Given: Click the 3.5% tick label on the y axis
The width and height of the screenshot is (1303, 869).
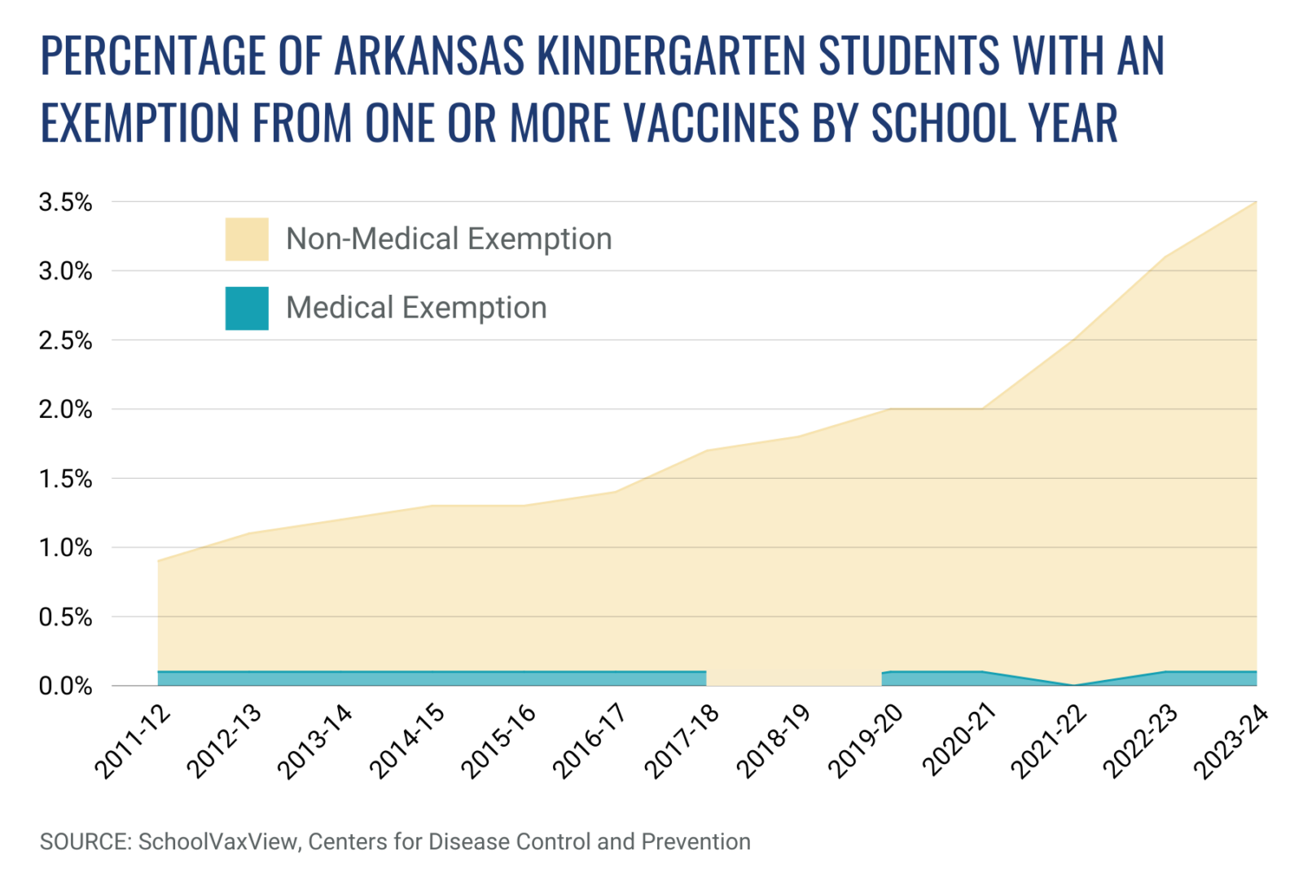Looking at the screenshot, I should [x=65, y=202].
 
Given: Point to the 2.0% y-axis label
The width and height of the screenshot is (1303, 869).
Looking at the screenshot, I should [x=65, y=410].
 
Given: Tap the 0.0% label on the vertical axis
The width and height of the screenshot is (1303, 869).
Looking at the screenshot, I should [x=65, y=687].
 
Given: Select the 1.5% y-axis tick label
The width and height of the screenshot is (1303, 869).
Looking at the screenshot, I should [x=65, y=479].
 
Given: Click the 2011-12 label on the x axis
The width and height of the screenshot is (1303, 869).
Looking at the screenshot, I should [x=134, y=741].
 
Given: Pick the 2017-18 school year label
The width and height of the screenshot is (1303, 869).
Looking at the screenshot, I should [x=682, y=741].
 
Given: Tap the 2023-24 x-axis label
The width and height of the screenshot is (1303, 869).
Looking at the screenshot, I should [x=1231, y=741].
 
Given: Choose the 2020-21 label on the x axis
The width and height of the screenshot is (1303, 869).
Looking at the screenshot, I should [x=959, y=741].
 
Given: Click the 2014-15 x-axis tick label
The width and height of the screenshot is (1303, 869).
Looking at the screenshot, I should [x=408, y=741].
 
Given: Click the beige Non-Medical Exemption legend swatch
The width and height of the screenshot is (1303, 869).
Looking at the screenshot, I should [x=247, y=239].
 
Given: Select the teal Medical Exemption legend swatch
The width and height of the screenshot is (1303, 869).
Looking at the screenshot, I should [x=247, y=308].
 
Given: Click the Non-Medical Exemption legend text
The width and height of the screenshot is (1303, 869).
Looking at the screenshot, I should [x=449, y=239].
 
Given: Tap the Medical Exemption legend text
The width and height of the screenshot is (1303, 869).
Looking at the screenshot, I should [x=416, y=308].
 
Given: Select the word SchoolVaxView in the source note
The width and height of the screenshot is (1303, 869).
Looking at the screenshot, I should [x=218, y=841].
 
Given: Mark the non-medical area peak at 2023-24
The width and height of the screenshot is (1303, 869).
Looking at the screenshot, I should [x=1256, y=202].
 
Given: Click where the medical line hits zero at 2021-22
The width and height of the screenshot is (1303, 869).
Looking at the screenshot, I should [x=1074, y=685].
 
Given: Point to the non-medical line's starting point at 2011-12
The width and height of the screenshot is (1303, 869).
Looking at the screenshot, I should [x=158, y=560].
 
